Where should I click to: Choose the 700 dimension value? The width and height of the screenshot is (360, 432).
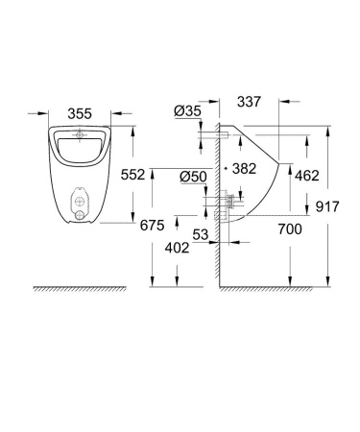pos(290,230)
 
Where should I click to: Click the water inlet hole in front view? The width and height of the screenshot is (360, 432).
pos(81,136)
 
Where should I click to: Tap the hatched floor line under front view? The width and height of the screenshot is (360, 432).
pos(81,289)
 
